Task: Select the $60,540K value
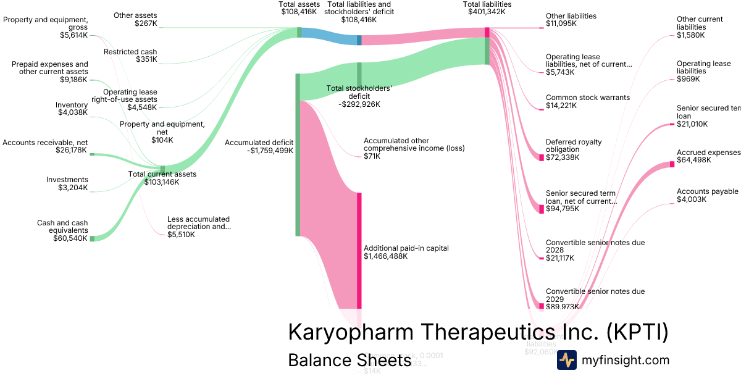pyautogui.click(x=70, y=238)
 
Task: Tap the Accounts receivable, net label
pyautogui.click(x=44, y=143)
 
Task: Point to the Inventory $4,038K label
pyautogui.click(x=72, y=109)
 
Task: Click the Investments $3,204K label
pyautogui.click(x=67, y=183)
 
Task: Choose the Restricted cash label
pyautogui.click(x=130, y=52)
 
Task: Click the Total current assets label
pyautogui.click(x=162, y=174)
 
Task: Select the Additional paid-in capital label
pyautogui.click(x=406, y=248)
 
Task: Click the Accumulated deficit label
pyautogui.click(x=259, y=143)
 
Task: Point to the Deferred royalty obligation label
pyautogui.click(x=573, y=146)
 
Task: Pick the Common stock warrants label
pyautogui.click(x=587, y=98)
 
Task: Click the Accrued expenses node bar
pyautogui.click(x=672, y=164)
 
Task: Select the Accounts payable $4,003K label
pyautogui.click(x=707, y=195)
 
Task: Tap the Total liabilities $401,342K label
pyautogui.click(x=487, y=8)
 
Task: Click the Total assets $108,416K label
pyautogui.click(x=299, y=8)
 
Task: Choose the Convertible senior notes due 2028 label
pyautogui.click(x=595, y=246)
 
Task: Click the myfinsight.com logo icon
pyautogui.click(x=566, y=360)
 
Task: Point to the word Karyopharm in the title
pyautogui.click(x=350, y=332)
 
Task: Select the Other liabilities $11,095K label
pyautogui.click(x=571, y=20)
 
